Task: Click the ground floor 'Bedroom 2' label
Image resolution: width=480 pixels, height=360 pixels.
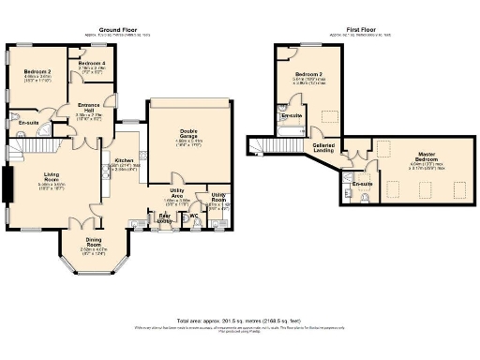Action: point(37,73)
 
